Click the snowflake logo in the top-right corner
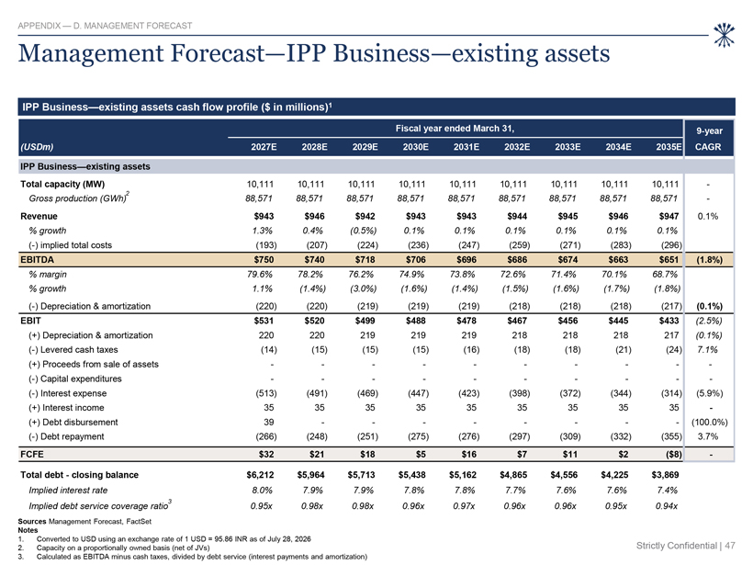(724, 35)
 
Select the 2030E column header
(415, 147)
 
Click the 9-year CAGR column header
(709, 139)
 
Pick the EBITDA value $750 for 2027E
(264, 260)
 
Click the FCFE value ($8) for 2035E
(670, 455)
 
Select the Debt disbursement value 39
(268, 423)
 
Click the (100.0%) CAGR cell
(709, 423)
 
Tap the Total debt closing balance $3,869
(665, 475)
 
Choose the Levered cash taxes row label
(73, 350)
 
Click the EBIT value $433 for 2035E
(669, 321)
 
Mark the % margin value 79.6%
(260, 275)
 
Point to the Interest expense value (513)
(266, 393)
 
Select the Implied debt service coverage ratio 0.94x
(667, 506)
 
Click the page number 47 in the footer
(730, 546)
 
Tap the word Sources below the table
(32, 521)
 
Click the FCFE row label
(32, 455)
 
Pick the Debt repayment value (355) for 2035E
(671, 436)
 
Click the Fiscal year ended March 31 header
(455, 129)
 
